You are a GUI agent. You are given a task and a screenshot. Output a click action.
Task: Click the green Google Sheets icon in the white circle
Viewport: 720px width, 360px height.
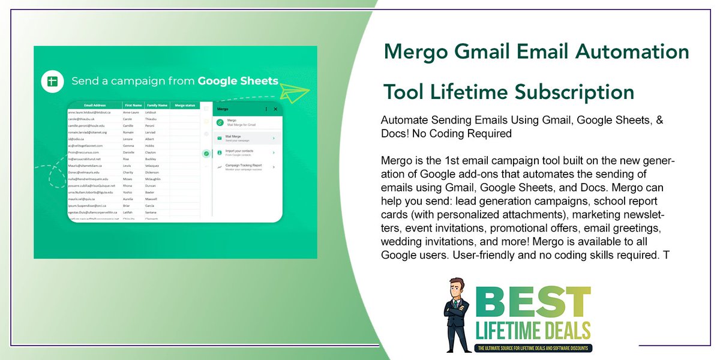53,81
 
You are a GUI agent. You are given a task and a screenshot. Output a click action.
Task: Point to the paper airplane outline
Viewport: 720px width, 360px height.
295,94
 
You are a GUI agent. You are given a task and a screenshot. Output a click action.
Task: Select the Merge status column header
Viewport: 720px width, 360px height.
184,105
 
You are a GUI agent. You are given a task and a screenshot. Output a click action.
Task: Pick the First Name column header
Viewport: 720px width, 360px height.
133,105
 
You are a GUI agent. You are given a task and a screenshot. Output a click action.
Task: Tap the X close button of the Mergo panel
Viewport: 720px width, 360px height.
275,109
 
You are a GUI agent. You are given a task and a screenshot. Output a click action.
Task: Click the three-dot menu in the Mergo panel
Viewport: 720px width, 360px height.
266,109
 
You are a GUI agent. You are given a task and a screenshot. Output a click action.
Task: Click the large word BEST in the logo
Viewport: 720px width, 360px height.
531,302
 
